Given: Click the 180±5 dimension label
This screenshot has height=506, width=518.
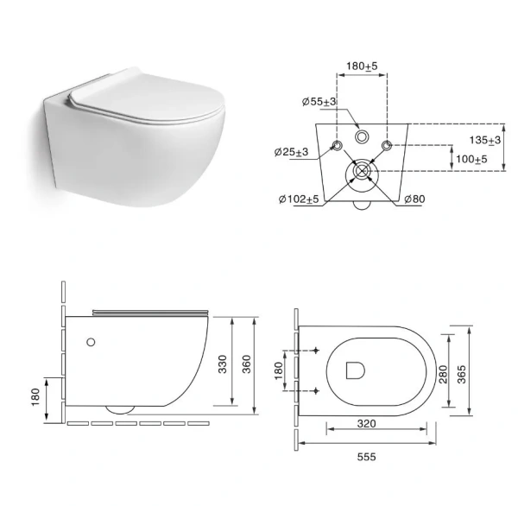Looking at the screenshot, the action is tap(362, 66).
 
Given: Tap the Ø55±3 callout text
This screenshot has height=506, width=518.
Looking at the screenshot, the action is tap(319, 102).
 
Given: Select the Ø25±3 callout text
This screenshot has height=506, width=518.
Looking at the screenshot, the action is tap(291, 152).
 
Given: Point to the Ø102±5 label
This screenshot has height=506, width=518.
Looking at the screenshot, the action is tap(299, 199).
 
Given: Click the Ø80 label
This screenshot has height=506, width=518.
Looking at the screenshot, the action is tap(414, 199).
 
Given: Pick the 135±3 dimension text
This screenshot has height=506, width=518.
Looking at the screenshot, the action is tap(485, 140).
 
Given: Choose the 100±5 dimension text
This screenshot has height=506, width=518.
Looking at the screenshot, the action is tap(471, 159).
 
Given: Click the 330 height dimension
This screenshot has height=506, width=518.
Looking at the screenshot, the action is tap(223, 364).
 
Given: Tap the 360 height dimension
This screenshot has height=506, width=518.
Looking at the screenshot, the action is tap(247, 364).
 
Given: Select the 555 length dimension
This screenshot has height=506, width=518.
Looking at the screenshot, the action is tap(366, 457).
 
